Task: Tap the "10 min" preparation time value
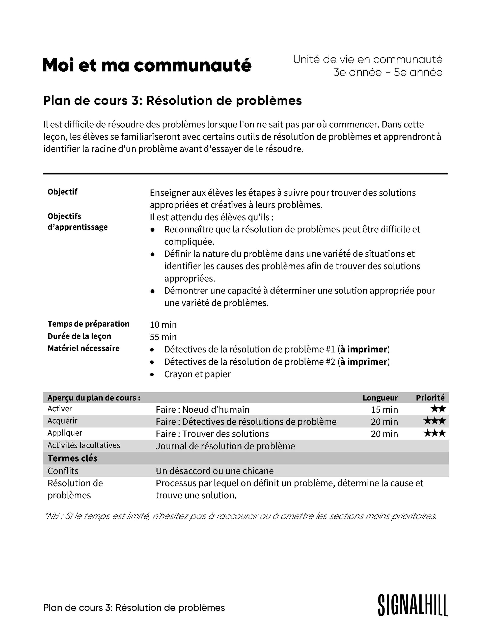point(163,325)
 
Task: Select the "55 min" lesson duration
point(163,337)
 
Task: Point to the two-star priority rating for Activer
point(438,409)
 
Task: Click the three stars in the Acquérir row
point(434,421)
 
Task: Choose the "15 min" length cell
point(384,409)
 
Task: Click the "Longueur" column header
point(380,398)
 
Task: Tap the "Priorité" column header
point(430,398)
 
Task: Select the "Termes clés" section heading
point(72,458)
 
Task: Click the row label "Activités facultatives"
point(84,445)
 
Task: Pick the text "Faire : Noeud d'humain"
point(202,409)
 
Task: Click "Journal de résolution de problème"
point(225,446)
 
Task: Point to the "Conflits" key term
point(63,471)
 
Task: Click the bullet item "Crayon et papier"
point(197,374)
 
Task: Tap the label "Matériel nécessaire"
point(84,348)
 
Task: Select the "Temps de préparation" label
point(89,324)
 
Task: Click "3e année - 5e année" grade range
point(388,72)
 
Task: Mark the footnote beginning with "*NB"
point(241,516)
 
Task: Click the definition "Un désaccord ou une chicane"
point(214,471)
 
